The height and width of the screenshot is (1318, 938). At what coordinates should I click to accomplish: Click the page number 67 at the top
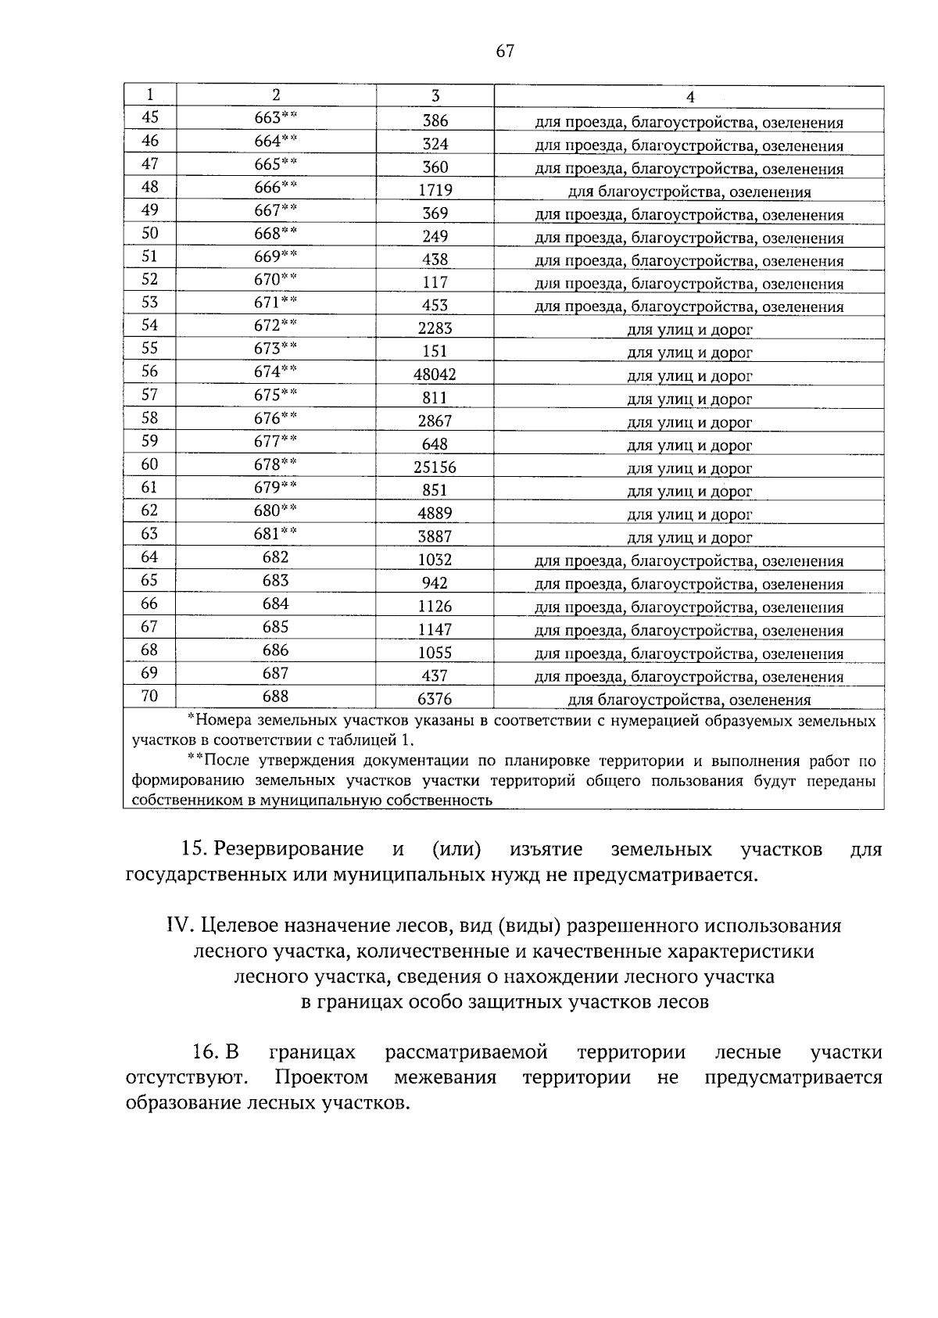pyautogui.click(x=505, y=52)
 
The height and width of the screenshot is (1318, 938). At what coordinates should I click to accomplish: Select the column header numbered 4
pyautogui.click(x=689, y=96)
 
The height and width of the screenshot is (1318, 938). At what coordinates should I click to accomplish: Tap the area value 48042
pyautogui.click(x=435, y=374)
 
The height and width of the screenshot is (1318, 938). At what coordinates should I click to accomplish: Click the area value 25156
pyautogui.click(x=435, y=467)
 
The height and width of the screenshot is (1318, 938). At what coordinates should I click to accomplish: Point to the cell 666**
pyautogui.click(x=276, y=187)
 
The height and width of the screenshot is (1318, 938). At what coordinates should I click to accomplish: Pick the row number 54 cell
pyautogui.click(x=149, y=325)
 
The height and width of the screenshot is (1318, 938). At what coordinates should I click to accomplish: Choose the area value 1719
pyautogui.click(x=435, y=190)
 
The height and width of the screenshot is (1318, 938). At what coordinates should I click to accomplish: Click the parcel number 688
pyautogui.click(x=276, y=696)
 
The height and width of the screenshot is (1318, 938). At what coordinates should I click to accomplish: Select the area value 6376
pyautogui.click(x=435, y=699)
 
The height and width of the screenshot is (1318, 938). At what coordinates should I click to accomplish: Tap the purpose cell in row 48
pyautogui.click(x=689, y=192)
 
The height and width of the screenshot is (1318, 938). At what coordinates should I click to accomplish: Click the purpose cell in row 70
pyautogui.click(x=689, y=700)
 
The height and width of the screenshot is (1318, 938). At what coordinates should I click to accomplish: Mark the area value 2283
pyautogui.click(x=435, y=328)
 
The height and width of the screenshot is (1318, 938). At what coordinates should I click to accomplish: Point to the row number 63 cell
pyautogui.click(x=149, y=534)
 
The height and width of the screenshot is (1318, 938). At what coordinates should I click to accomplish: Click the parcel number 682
pyautogui.click(x=276, y=557)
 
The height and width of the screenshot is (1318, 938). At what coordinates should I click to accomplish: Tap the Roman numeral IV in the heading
pyautogui.click(x=180, y=926)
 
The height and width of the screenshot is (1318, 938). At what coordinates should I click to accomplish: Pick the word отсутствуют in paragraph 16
pyautogui.click(x=186, y=1077)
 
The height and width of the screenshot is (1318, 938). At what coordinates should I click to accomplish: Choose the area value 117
pyautogui.click(x=435, y=282)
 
